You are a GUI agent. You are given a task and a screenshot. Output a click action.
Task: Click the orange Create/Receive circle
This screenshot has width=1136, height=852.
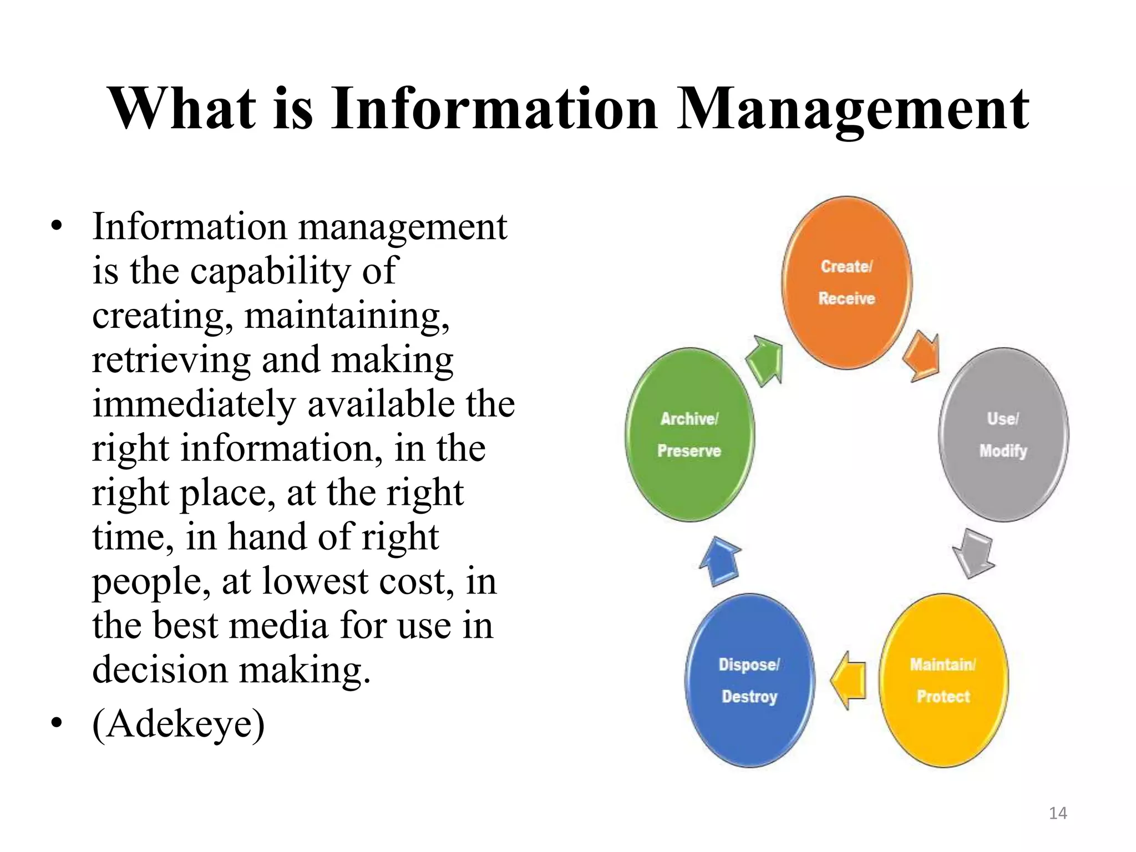846,282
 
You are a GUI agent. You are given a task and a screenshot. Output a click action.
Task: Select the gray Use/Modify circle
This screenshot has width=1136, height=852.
1003,434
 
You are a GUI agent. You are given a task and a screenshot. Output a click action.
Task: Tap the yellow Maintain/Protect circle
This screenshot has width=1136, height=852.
944,680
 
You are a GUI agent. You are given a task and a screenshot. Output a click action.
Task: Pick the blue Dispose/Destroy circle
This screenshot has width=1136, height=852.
749,680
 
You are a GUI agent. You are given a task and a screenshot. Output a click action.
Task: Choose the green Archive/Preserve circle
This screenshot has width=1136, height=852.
689,434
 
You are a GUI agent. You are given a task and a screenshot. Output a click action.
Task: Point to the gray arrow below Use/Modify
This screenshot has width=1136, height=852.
973,552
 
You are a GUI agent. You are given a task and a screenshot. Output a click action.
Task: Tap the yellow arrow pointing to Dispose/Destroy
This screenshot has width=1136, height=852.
849,680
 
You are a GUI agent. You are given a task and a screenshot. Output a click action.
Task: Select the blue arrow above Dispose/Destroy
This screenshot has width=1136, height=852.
720,561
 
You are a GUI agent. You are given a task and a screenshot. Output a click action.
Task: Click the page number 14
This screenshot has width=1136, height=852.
1058,813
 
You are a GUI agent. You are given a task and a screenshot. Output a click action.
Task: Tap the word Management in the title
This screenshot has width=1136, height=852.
853,110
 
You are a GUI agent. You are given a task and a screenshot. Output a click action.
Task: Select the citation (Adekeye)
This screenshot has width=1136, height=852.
179,724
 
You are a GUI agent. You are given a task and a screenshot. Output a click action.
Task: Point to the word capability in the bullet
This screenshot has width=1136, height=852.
271,271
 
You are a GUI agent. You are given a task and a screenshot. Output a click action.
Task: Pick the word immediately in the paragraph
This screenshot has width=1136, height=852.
194,404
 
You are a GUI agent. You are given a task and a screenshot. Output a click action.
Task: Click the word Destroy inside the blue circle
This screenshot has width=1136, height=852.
749,696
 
